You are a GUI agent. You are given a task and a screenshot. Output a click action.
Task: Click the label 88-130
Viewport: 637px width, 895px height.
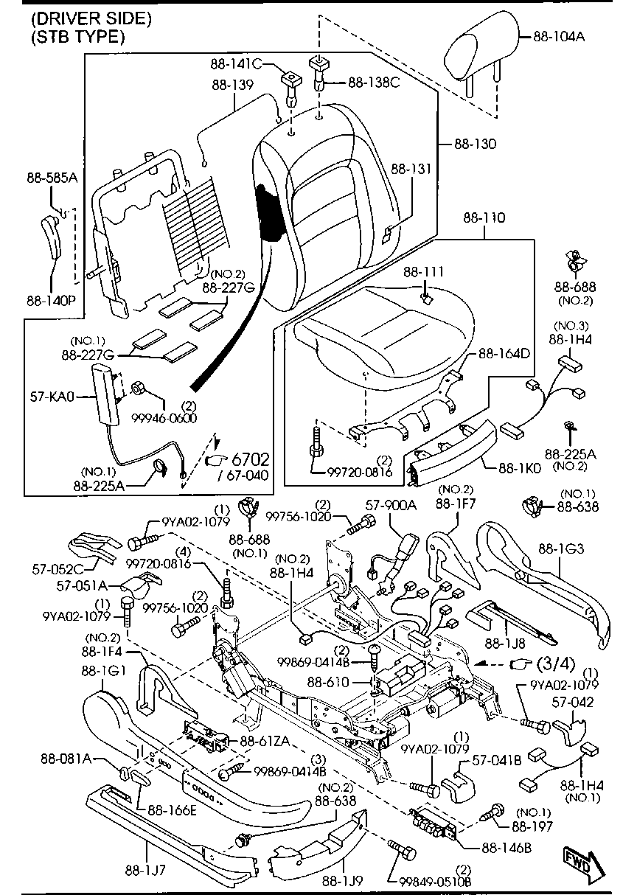click(x=475, y=144)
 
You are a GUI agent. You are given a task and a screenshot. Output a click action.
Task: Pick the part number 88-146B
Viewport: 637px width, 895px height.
click(x=507, y=848)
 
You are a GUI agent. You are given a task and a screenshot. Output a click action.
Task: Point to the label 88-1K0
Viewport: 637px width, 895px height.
click(x=519, y=467)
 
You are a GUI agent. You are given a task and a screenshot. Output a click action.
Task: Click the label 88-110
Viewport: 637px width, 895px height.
click(x=484, y=218)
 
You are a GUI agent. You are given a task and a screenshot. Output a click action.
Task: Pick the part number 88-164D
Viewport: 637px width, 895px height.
click(x=504, y=353)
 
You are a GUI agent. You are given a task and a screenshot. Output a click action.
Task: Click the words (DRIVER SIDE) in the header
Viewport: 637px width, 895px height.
click(x=91, y=18)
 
